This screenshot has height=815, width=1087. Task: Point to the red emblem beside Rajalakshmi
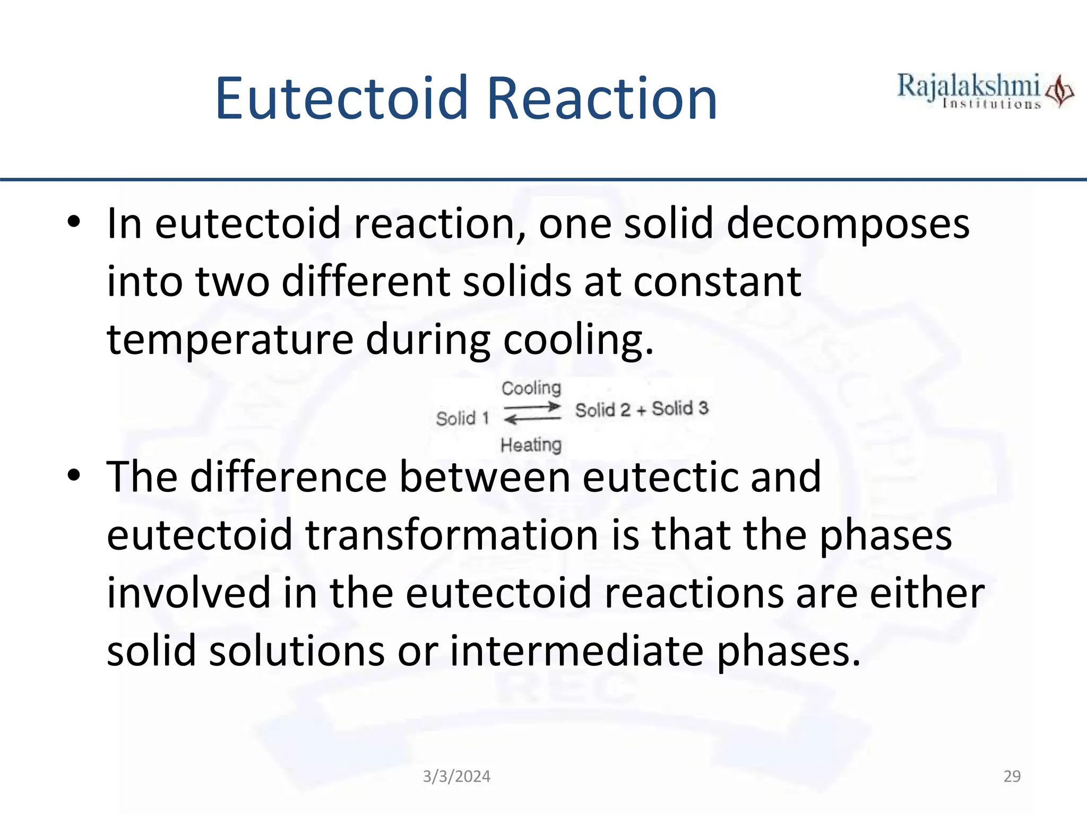pos(1059,92)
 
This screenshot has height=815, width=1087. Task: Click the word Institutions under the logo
pos(991,104)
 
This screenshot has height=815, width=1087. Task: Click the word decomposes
pos(848,224)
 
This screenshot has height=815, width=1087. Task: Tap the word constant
pos(717,281)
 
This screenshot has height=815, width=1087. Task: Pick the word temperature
pos(230,340)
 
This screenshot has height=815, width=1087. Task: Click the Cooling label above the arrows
pos(531,388)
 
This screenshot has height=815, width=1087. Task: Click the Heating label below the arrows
pos(531,445)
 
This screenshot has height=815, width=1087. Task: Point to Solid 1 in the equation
pos(462,419)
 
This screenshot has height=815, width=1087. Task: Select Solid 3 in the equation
pos(680,409)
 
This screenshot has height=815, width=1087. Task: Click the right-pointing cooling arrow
pos(532,407)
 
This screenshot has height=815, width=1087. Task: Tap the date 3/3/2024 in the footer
pos(456,776)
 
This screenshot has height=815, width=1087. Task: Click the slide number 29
pos(1012,776)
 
